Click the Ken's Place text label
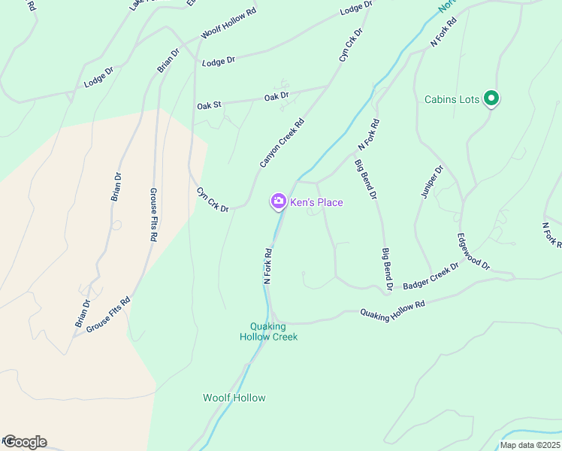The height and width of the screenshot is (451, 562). click(316, 202)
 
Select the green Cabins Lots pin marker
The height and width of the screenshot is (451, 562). click(491, 98)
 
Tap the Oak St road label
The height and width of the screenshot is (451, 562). click(209, 106)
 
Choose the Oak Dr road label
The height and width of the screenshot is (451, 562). click(276, 97)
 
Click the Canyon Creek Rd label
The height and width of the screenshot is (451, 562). click(282, 143)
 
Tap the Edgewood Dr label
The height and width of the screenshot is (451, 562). click(473, 252)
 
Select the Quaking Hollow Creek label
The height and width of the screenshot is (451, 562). click(268, 331)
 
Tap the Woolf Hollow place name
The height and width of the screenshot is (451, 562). click(234, 398)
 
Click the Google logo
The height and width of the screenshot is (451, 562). click(24, 442)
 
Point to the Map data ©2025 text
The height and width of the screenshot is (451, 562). click(530, 445)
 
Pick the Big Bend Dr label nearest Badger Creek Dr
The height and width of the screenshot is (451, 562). click(387, 269)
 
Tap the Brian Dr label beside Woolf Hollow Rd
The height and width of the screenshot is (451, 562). click(169, 61)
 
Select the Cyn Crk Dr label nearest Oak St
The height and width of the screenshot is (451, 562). click(213, 200)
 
